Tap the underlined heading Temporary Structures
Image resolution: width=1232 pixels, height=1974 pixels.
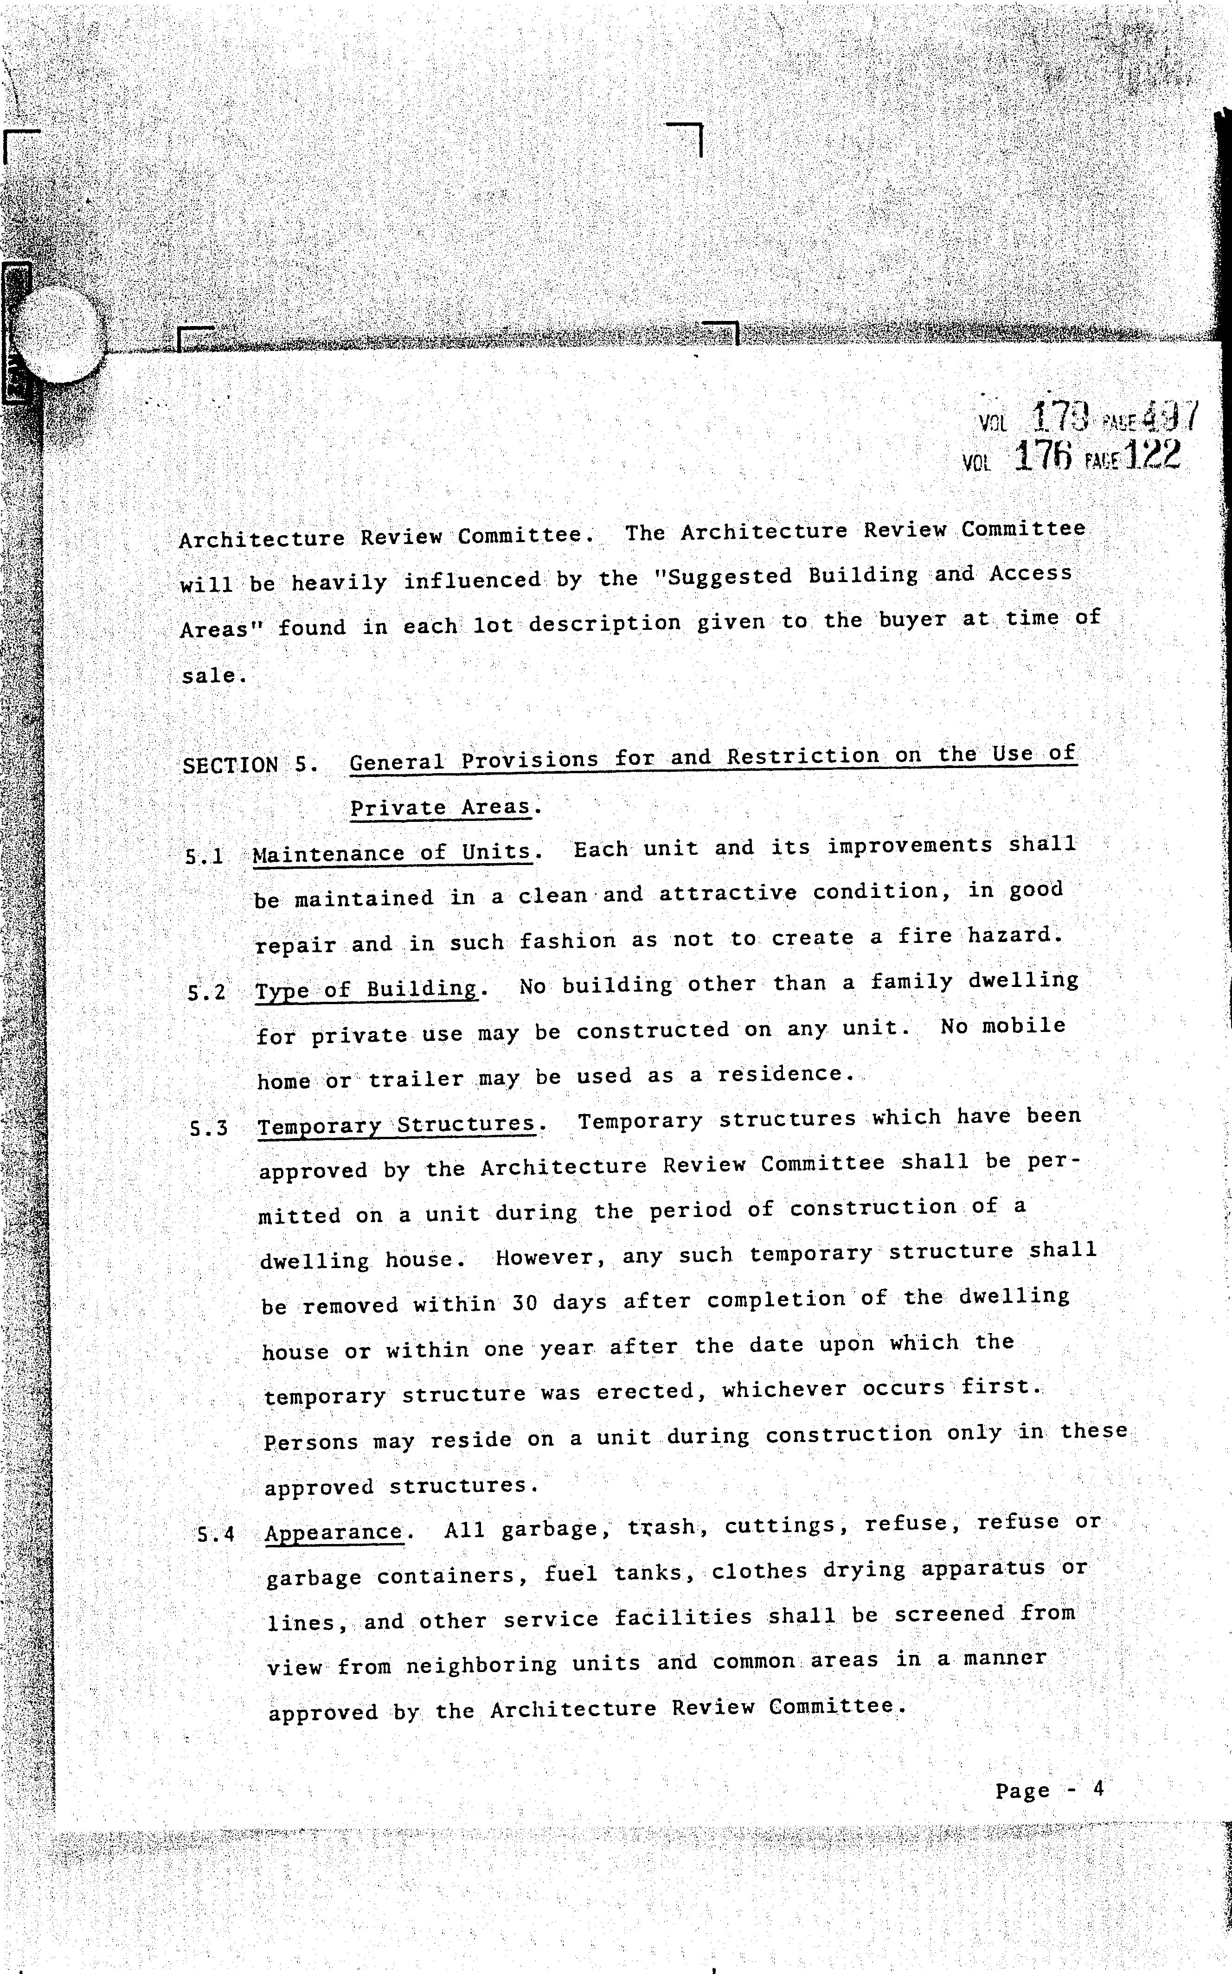396,1126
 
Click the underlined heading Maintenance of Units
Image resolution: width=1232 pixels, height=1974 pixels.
392,853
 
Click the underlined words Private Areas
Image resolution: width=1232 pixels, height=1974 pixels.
440,808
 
